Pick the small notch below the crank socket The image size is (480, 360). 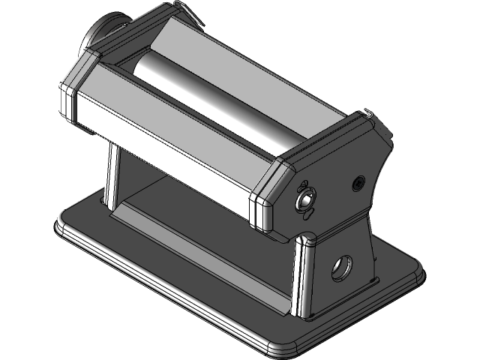point(306,214)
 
